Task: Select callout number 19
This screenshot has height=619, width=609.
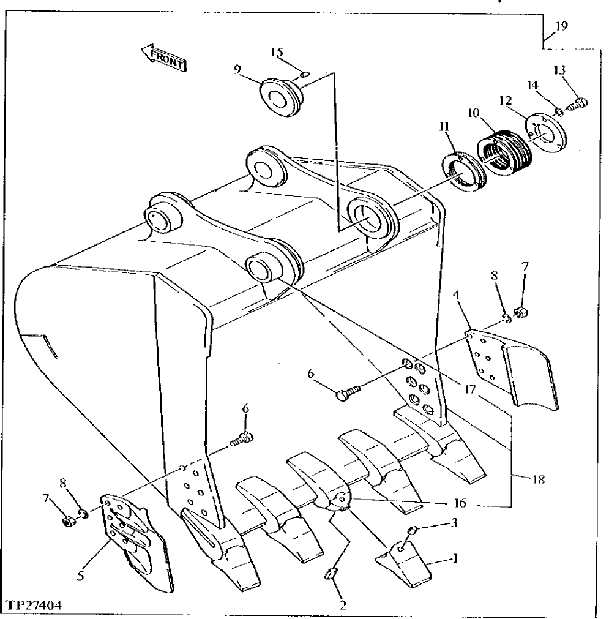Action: pos(561,26)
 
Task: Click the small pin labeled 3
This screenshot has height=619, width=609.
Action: pos(413,530)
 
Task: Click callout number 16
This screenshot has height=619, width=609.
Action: pos(460,503)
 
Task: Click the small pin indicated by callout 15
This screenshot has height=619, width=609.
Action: pos(304,75)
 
